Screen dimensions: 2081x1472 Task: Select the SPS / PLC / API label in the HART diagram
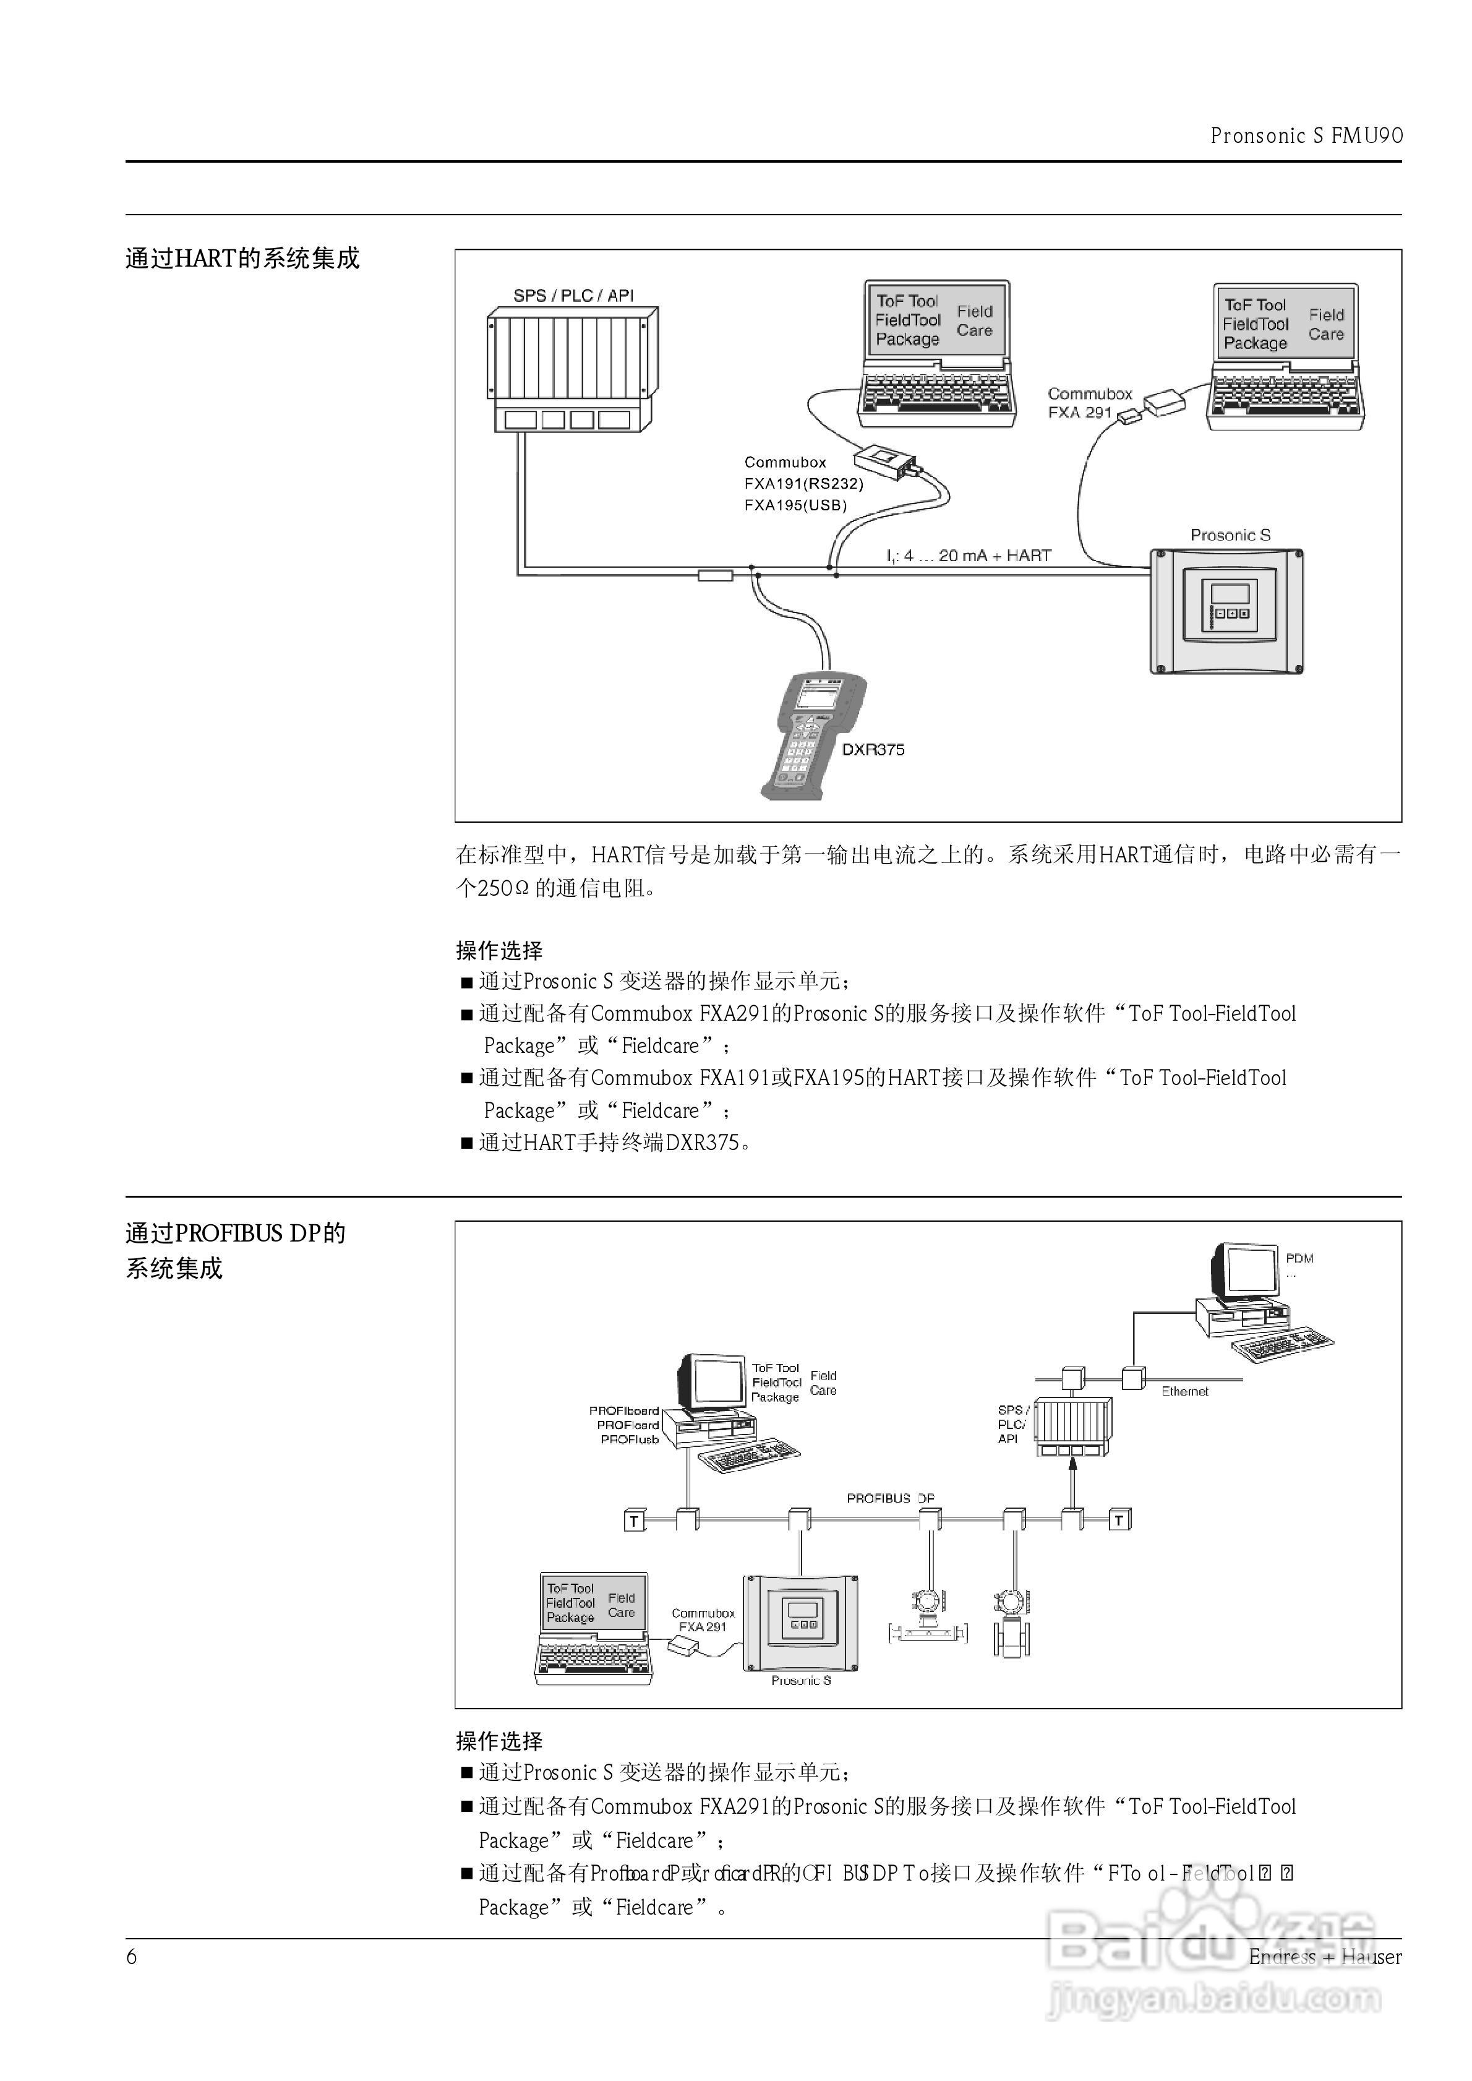573,296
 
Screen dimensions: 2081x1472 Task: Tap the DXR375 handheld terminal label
873,750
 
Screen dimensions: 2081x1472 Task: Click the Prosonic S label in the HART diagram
1230,534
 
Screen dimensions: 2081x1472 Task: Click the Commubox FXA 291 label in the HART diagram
1090,403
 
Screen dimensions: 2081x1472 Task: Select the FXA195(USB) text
795,505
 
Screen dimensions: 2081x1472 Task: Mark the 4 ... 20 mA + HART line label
968,556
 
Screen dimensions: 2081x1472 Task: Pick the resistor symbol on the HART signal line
715,575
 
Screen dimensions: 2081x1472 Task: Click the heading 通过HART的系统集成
242,259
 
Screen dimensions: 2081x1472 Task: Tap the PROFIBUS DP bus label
890,1498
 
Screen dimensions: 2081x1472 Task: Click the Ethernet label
1184,1391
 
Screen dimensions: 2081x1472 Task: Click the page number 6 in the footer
131,1957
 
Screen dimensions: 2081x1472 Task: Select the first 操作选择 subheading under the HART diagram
499,951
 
